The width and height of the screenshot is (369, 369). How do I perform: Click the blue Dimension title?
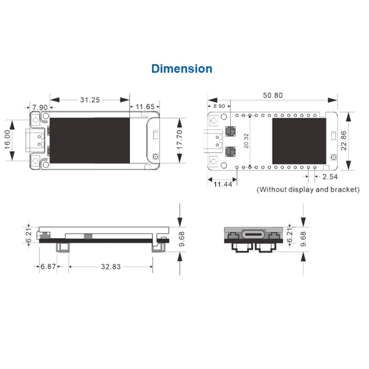(182, 69)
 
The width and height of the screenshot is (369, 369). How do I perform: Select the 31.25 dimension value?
(90, 99)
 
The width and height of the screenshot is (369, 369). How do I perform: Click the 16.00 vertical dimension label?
(8, 138)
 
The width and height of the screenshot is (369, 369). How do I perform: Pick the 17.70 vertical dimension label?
(179, 138)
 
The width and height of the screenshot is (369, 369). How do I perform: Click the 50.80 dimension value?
(273, 95)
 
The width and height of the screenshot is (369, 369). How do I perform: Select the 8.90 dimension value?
(219, 106)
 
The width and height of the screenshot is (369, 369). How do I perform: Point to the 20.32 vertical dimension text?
(246, 141)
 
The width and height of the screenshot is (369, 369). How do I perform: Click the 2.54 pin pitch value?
(330, 177)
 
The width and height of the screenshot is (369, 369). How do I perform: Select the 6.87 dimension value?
(48, 267)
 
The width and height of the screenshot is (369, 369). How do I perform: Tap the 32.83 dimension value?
(111, 267)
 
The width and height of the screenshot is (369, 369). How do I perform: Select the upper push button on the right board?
(231, 131)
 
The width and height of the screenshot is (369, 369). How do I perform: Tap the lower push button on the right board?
(231, 151)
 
